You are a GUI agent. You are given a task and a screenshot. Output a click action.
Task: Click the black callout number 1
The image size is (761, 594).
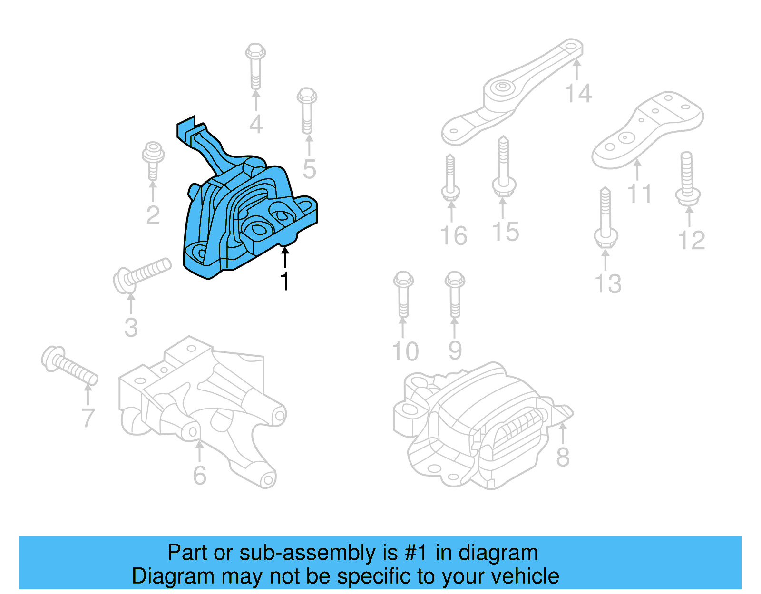click(284, 281)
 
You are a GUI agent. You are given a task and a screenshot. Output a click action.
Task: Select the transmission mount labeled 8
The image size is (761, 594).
click(480, 423)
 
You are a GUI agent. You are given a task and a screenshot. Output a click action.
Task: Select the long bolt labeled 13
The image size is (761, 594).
click(605, 216)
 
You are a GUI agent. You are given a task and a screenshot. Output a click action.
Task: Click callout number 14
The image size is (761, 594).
click(578, 93)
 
